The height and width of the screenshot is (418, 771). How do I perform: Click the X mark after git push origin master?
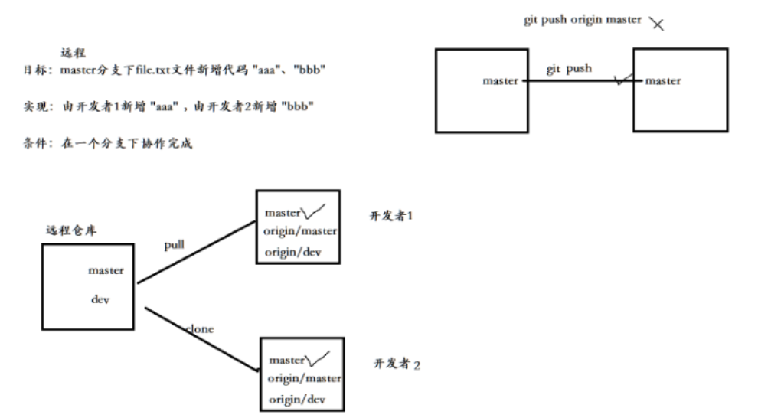(656, 24)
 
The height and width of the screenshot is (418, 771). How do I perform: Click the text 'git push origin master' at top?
(582, 20)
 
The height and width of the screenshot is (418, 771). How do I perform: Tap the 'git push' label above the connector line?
(569, 69)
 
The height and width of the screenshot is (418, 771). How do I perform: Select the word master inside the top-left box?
(500, 81)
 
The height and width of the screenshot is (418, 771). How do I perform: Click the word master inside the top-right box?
(663, 81)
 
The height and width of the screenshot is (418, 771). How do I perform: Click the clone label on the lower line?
(199, 328)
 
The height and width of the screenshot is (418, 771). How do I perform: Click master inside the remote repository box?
(106, 270)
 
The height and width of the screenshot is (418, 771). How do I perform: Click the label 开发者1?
(392, 217)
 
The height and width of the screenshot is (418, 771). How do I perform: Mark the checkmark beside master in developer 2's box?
(319, 358)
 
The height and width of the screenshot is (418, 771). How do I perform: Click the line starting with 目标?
(175, 71)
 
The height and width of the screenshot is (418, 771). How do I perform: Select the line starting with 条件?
(106, 144)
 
